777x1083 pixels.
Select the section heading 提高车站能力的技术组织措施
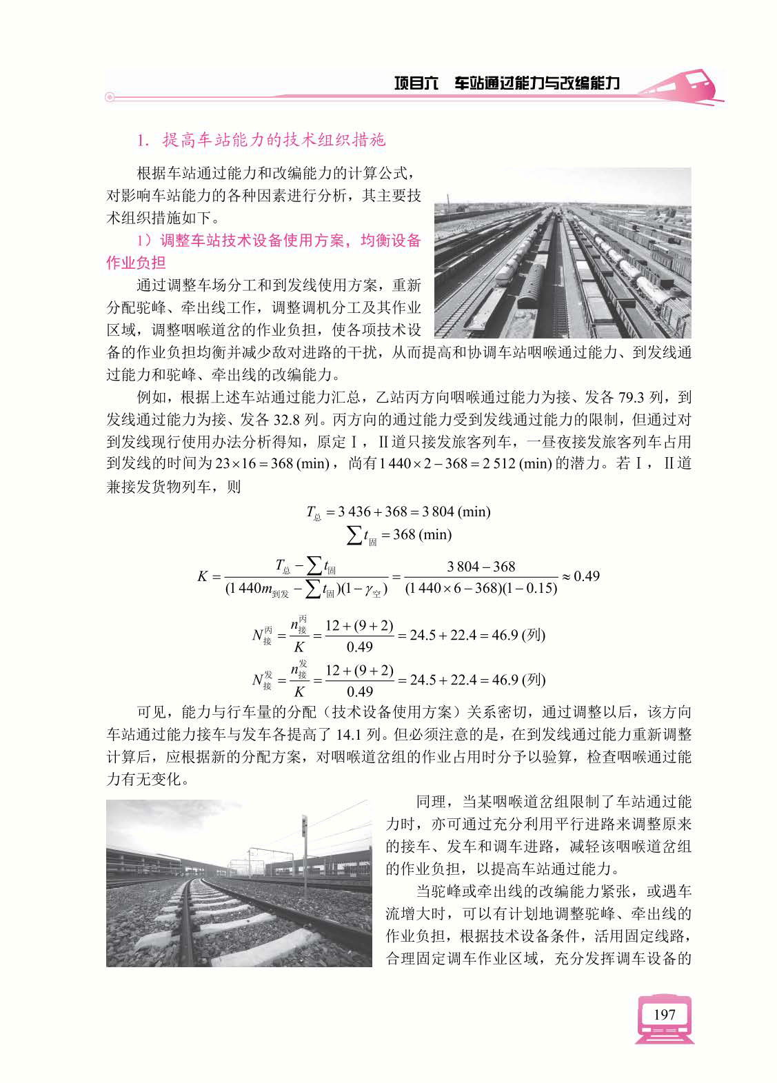coord(273,141)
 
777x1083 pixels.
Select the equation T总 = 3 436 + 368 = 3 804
coord(398,512)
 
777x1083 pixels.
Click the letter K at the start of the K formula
coord(203,576)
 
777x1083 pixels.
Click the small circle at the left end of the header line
coord(109,98)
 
